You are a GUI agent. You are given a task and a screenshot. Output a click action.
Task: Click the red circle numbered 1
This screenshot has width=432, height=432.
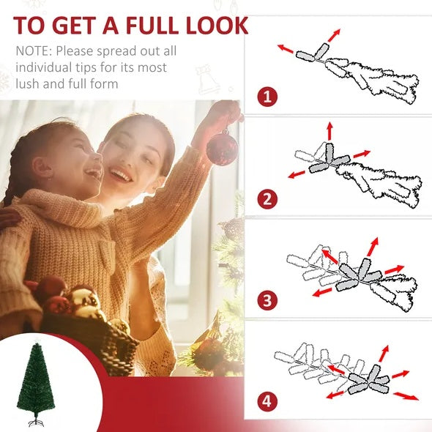[x=267, y=96]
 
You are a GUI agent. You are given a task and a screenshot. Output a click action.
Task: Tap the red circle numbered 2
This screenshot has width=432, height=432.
[x=267, y=198]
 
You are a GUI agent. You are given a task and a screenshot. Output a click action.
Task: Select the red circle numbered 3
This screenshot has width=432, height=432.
[x=267, y=299]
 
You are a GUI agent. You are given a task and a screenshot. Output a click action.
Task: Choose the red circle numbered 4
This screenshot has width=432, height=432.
[x=267, y=401]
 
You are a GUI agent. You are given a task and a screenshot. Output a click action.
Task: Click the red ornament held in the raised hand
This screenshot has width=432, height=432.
[x=222, y=147]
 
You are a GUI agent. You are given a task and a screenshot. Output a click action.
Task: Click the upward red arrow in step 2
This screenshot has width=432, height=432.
[x=329, y=132]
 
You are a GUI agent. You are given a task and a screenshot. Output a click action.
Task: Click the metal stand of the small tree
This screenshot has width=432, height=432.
[x=34, y=422]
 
